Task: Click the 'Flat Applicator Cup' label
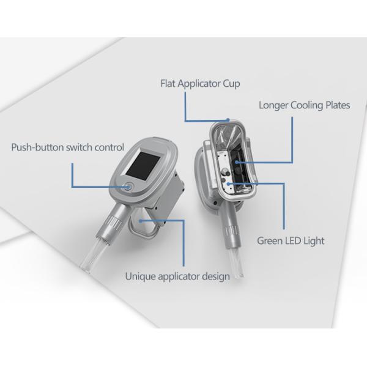[200, 84]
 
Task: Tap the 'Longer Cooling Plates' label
[304, 105]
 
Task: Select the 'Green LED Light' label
[291, 241]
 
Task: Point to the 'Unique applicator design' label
[177, 276]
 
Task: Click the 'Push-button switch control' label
[68, 147]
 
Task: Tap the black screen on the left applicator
[143, 166]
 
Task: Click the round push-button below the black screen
[128, 187]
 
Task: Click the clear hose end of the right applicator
[237, 262]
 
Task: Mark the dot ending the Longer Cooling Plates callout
[237, 162]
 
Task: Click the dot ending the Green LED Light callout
[229, 184]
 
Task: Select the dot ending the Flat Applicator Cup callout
[228, 120]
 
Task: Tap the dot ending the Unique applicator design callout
[141, 221]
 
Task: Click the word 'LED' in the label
[291, 240]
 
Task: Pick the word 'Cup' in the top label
[231, 84]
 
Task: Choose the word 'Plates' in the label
[338, 105]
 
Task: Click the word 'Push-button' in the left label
[37, 147]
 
